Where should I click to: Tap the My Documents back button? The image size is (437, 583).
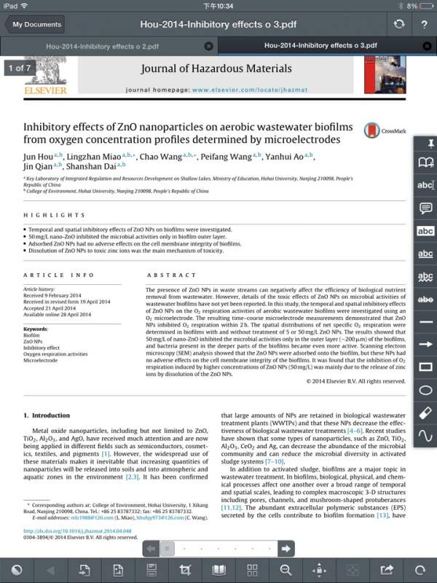point(35,24)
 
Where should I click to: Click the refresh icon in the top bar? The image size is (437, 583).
point(398,24)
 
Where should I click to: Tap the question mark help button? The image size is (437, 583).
point(424,24)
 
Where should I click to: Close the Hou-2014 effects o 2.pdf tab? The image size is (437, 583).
point(209,46)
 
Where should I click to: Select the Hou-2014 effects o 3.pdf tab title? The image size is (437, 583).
point(320,45)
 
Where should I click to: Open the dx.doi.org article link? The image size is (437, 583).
point(77,531)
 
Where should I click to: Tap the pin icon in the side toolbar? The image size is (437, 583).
point(425,142)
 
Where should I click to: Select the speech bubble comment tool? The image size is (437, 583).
point(425,208)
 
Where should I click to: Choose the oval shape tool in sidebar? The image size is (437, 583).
point(425,390)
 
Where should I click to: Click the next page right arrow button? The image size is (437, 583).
point(286,548)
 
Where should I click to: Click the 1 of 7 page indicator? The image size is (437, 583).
point(19,69)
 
